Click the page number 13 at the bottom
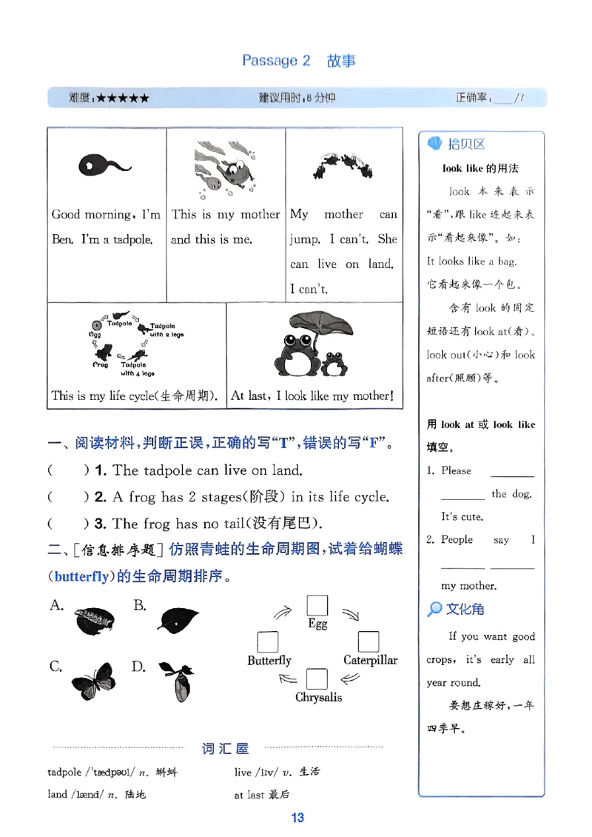click(297, 818)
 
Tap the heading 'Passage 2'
click(276, 61)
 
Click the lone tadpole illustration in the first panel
click(103, 165)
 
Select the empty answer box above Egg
click(317, 605)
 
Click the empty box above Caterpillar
click(368, 641)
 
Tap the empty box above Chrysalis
click(317, 679)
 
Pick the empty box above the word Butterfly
click(268, 641)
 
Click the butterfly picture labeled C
click(94, 681)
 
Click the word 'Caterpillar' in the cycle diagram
click(370, 660)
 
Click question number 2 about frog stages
click(101, 497)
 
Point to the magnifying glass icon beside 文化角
click(435, 609)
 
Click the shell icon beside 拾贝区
click(435, 144)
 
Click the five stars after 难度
click(122, 98)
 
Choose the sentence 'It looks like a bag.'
click(471, 261)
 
